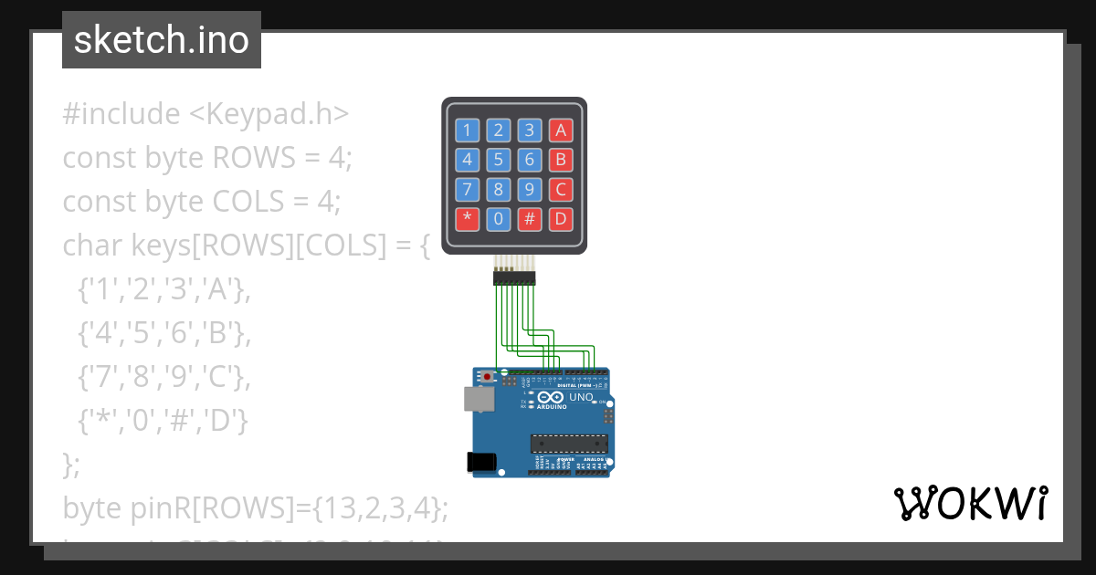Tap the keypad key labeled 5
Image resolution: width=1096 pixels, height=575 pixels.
click(498, 160)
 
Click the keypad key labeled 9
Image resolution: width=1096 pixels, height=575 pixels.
click(529, 190)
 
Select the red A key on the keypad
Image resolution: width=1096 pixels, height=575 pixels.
click(561, 130)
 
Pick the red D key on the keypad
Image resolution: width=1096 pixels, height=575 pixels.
click(561, 219)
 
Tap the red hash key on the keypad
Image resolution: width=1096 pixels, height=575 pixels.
click(529, 219)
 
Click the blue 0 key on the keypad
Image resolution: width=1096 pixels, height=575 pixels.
click(498, 219)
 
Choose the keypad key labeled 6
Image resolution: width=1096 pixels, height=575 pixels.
click(529, 160)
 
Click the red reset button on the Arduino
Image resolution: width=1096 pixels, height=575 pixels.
click(488, 375)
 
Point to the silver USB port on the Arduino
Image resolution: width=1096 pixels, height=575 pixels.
click(476, 398)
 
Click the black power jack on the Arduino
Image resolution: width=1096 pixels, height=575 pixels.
click(480, 463)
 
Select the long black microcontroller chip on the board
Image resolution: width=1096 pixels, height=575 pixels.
click(570, 444)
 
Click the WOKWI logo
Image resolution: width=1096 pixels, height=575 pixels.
click(970, 504)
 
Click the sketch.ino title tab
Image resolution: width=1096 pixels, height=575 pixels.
click(162, 40)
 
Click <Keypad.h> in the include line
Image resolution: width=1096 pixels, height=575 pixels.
click(269, 114)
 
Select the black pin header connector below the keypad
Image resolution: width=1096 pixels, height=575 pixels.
click(514, 277)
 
